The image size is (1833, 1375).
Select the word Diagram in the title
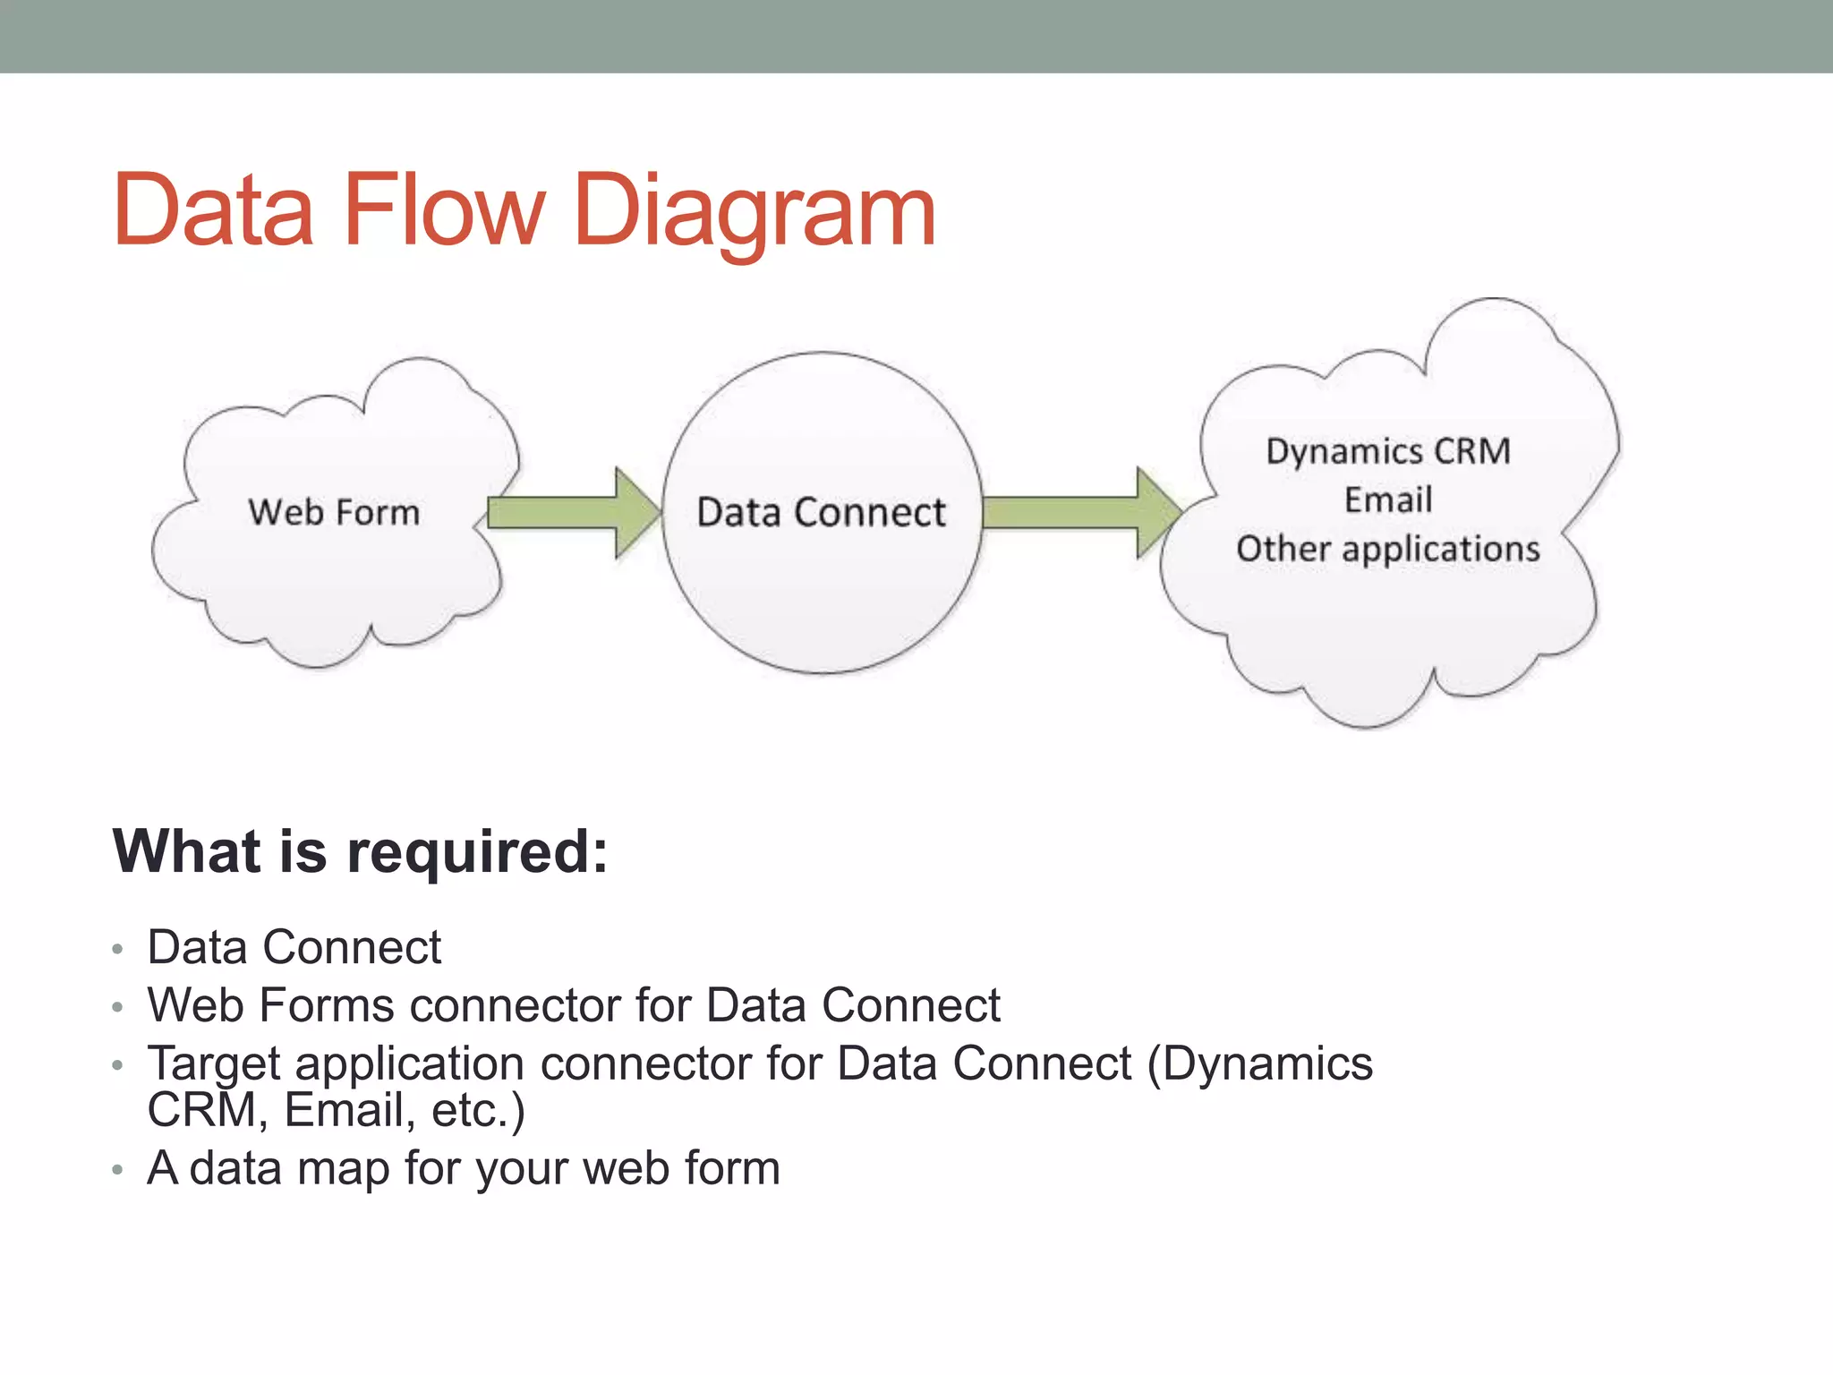(x=755, y=213)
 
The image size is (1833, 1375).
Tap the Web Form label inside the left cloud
(x=334, y=513)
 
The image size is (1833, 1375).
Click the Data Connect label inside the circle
(x=821, y=513)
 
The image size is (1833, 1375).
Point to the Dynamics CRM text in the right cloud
(x=1388, y=451)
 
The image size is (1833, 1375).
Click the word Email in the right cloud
(x=1388, y=500)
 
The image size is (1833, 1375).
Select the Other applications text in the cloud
(x=1388, y=549)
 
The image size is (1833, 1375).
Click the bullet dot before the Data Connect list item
(x=117, y=949)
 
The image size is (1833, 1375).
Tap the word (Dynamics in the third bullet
(x=1259, y=1063)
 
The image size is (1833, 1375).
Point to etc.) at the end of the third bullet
(x=478, y=1111)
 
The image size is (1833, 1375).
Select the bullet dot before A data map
(x=117, y=1169)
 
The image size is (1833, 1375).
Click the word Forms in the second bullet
(x=327, y=1005)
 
